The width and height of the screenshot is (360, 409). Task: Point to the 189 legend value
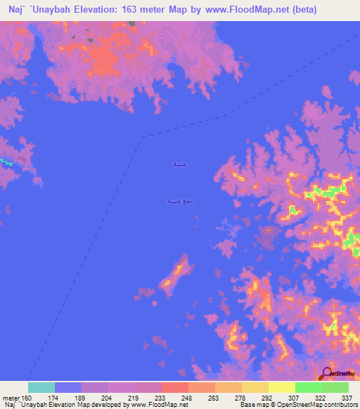pyautogui.click(x=82, y=397)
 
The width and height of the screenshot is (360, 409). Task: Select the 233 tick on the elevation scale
pyautogui.click(x=161, y=397)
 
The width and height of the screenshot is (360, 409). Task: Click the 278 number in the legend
pyautogui.click(x=241, y=397)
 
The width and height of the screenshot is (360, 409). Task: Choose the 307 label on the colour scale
pyautogui.click(x=295, y=397)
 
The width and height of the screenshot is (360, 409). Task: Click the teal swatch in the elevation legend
pyautogui.click(x=41, y=387)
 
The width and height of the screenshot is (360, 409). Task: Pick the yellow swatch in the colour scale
pyautogui.click(x=281, y=387)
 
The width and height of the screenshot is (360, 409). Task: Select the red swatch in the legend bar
pyautogui.click(x=174, y=387)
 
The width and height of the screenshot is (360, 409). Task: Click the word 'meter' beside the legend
pyautogui.click(x=10, y=397)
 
